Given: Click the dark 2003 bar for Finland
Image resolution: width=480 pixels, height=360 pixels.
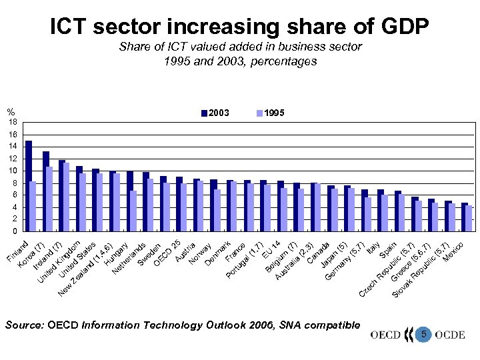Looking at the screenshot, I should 29,186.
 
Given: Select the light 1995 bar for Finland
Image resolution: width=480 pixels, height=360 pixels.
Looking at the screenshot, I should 33,206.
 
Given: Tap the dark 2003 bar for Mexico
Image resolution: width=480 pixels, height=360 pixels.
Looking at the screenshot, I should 464,217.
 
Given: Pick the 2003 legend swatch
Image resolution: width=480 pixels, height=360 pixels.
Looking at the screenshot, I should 205,113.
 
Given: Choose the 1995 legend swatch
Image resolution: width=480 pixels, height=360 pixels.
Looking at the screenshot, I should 260,113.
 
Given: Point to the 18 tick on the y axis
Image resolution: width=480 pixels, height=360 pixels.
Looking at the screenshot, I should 13,122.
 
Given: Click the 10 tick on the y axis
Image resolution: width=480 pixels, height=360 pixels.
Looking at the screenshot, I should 13,171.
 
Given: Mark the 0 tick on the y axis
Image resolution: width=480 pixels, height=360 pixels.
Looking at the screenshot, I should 14,231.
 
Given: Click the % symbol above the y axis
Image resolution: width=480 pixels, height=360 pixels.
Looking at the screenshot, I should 11,111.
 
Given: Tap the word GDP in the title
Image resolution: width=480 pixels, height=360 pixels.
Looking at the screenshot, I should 397,26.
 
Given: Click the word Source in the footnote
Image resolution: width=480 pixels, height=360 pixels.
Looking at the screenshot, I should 23,325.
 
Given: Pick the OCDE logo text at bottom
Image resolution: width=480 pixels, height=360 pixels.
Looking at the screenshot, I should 449,335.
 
